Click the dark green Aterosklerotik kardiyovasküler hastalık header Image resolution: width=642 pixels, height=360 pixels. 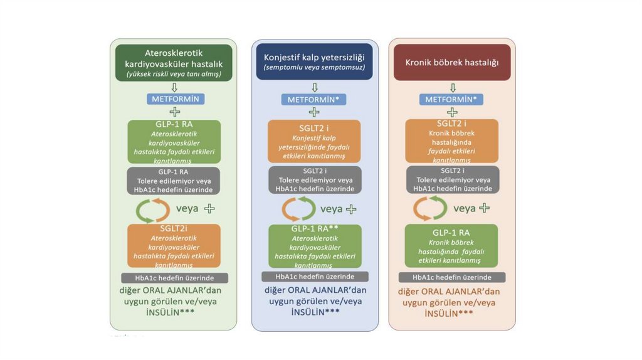tap(174, 63)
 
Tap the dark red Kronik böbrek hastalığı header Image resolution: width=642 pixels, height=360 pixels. tap(451, 62)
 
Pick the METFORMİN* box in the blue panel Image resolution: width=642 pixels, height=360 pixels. tap(313, 99)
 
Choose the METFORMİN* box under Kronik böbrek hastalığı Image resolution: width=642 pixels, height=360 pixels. tap(451, 99)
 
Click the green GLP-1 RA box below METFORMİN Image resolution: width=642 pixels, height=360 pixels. tap(174, 142)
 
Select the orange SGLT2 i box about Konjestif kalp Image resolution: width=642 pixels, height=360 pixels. tap(314, 141)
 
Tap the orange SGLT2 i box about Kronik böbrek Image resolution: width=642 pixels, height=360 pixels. tap(451, 141)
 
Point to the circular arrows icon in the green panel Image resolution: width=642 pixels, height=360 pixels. tap(153, 209)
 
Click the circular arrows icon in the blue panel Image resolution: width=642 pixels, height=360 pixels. tap(298, 209)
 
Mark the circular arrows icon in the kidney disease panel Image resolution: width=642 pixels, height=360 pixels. tap(430, 208)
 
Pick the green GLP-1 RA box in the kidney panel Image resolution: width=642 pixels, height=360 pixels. tap(451, 245)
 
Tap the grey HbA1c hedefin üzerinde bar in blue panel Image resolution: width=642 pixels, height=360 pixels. tap(315, 277)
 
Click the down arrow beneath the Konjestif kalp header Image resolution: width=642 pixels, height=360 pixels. tap(314, 87)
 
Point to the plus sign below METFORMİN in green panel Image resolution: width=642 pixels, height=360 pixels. tap(174, 112)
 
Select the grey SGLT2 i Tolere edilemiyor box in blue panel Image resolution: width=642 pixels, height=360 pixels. tap(315, 179)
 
